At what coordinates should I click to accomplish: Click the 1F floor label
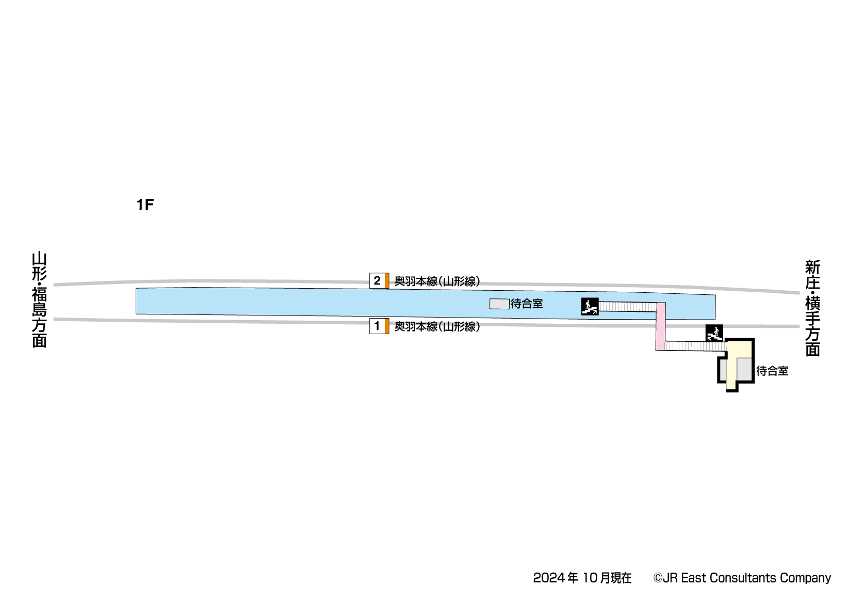tap(145, 205)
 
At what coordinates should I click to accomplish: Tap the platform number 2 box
tap(377, 281)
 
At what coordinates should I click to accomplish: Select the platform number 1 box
tap(377, 326)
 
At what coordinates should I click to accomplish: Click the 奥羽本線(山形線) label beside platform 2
tap(437, 281)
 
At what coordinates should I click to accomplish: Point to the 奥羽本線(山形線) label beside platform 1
tap(437, 327)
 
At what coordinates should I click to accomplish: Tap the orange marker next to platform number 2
tap(387, 281)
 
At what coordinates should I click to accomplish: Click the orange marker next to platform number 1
tap(387, 326)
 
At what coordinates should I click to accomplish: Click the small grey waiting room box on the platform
tap(499, 304)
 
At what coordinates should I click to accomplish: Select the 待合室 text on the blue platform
tap(527, 304)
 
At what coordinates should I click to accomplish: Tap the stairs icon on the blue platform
tap(590, 307)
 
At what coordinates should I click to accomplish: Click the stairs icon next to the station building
tap(714, 333)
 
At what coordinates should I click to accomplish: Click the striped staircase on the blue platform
tap(627, 307)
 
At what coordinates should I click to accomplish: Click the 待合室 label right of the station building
tap(772, 371)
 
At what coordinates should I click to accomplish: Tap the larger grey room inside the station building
tap(744, 370)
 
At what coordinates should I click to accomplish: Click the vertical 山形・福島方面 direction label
tap(40, 299)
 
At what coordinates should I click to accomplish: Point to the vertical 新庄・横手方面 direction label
tap(812, 308)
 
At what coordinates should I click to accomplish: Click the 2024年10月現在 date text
tap(582, 578)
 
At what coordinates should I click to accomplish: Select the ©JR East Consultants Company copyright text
tap(742, 578)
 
